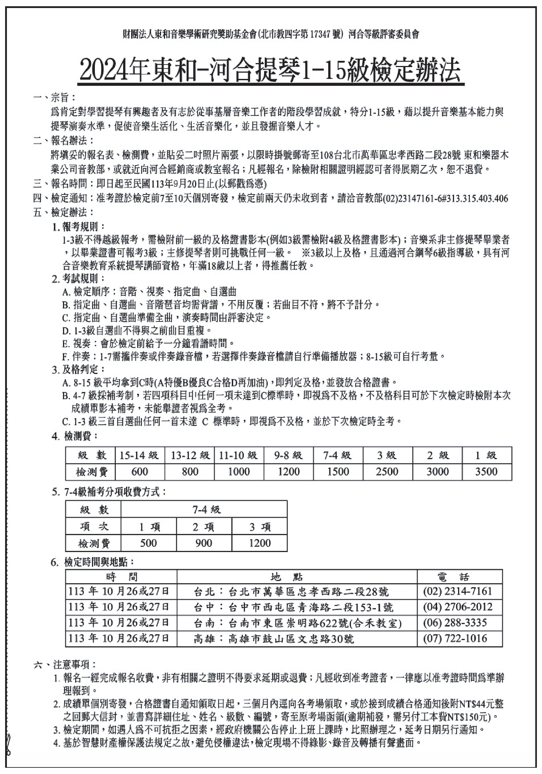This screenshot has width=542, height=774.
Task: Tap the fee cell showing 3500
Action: (486, 471)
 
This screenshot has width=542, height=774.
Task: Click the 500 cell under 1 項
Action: (148, 543)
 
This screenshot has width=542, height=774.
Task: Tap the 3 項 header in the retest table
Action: (259, 527)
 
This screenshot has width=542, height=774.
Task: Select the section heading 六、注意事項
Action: (65, 664)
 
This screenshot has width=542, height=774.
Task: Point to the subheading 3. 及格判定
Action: (79, 370)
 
